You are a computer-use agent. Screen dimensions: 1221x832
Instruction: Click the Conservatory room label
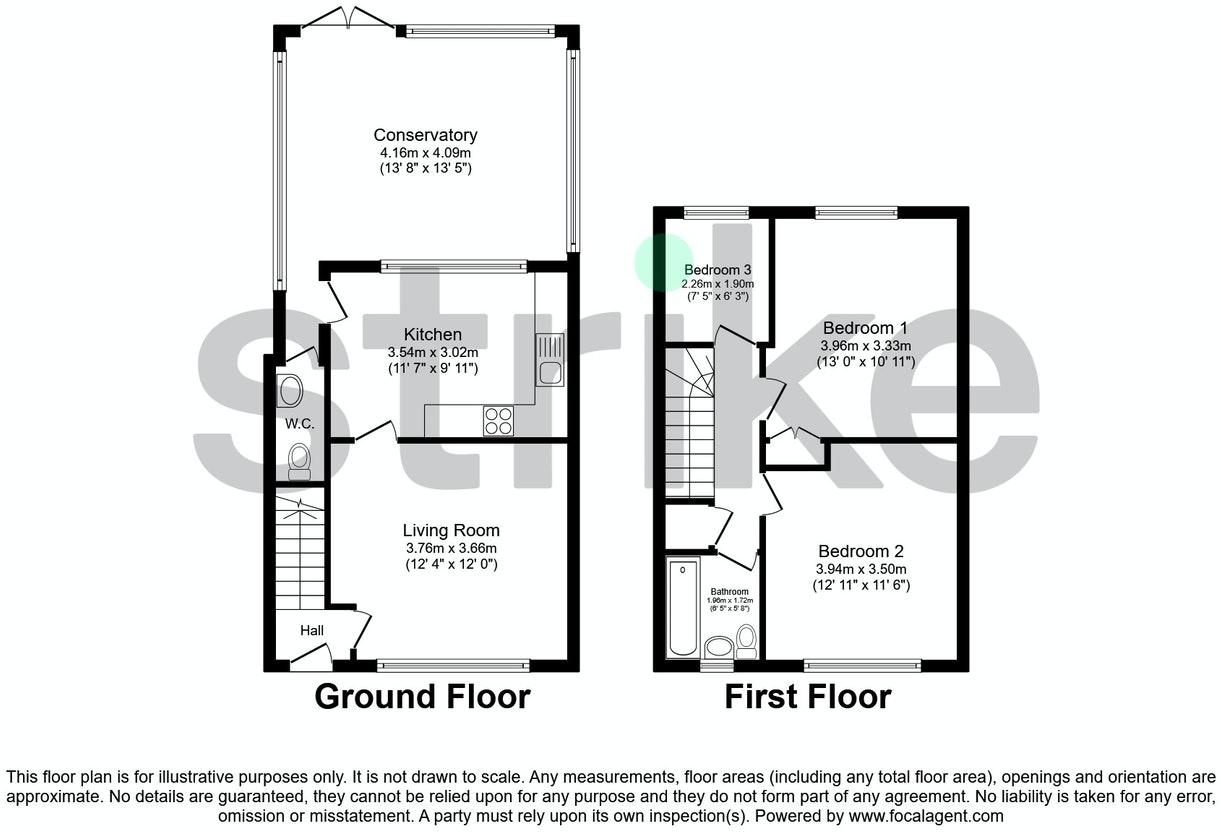pyautogui.click(x=425, y=135)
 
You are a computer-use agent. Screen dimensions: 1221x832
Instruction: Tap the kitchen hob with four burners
pyautogui.click(x=498, y=421)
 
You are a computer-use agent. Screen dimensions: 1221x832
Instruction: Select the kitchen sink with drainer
pyautogui.click(x=549, y=359)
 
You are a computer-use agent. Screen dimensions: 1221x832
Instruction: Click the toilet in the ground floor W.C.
pyautogui.click(x=299, y=461)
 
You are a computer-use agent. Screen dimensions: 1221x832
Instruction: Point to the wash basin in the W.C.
pyautogui.click(x=289, y=390)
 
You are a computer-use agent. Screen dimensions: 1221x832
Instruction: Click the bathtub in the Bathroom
pyautogui.click(x=683, y=608)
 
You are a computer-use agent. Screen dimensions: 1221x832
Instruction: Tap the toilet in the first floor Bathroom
pyautogui.click(x=746, y=642)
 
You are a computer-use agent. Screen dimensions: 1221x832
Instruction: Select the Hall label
pyautogui.click(x=312, y=630)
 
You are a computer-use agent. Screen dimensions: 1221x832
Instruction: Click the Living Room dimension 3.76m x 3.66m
pyautogui.click(x=451, y=548)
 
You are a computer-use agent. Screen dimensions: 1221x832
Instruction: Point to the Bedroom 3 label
pyautogui.click(x=717, y=269)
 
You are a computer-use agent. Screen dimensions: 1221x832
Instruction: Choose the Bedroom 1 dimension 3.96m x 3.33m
pyautogui.click(x=866, y=345)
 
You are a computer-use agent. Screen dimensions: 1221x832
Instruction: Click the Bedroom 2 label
pyautogui.click(x=861, y=551)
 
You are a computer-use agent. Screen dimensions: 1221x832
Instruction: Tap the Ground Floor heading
pyautogui.click(x=422, y=696)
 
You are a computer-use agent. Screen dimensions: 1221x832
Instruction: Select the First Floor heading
pyautogui.click(x=808, y=696)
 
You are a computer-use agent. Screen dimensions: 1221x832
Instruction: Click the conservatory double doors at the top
pyautogui.click(x=348, y=16)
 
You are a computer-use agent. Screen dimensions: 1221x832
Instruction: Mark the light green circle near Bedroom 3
pyautogui.click(x=664, y=262)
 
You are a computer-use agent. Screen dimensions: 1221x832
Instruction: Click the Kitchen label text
pyautogui.click(x=432, y=334)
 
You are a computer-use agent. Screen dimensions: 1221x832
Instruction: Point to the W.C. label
pyautogui.click(x=299, y=424)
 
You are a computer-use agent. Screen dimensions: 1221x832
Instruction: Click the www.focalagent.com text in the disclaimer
pyautogui.click(x=926, y=816)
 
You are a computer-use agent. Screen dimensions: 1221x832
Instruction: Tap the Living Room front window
pyautogui.click(x=453, y=665)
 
